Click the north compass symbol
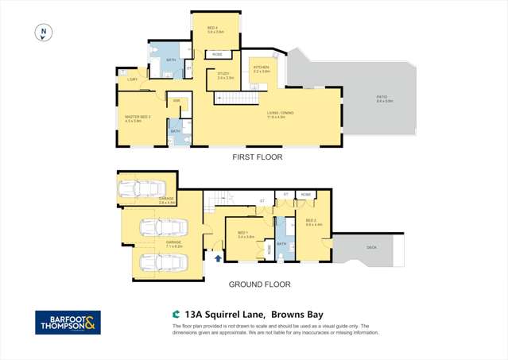(x=45, y=33)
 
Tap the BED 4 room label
(x=215, y=29)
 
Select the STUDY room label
(x=224, y=75)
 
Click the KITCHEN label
(x=262, y=69)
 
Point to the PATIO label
(x=385, y=99)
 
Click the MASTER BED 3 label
(x=133, y=119)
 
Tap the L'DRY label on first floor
(x=130, y=79)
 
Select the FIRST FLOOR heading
(x=257, y=157)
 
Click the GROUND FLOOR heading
(x=259, y=284)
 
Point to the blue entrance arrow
(x=218, y=257)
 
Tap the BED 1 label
(x=245, y=234)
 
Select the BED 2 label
(x=313, y=223)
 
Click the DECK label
(x=372, y=247)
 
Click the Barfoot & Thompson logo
(x=68, y=323)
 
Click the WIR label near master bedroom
(x=176, y=100)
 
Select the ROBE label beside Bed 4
(x=217, y=54)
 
